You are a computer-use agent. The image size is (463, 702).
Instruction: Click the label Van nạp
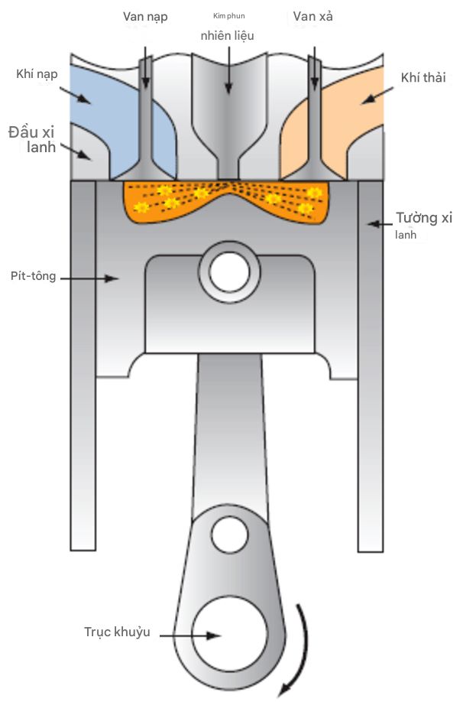coord(145,17)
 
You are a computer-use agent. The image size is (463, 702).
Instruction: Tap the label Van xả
coord(312,17)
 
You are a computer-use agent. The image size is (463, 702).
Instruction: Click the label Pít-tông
coord(34,275)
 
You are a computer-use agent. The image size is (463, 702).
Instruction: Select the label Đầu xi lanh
coord(33,139)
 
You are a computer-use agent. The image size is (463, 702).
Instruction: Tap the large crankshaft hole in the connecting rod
coord(230,635)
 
